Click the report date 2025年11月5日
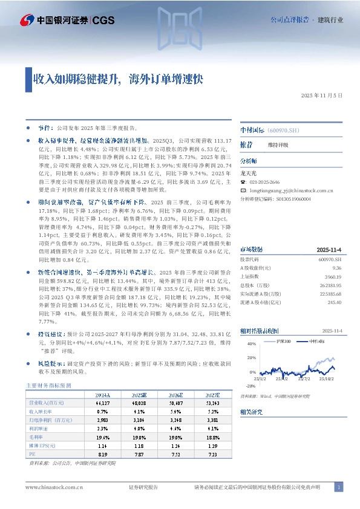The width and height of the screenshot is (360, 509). tap(326, 96)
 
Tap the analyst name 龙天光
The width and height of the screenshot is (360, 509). tap(249, 173)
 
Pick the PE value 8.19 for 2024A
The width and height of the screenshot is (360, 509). tap(102, 453)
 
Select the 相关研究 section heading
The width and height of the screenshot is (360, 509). tap(250, 411)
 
